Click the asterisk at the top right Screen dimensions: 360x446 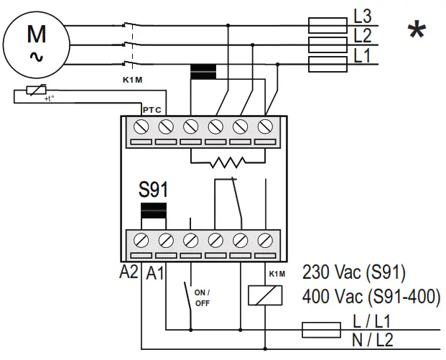click(x=416, y=30)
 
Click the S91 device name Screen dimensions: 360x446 click(x=153, y=191)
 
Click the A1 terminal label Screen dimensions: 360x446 click(x=155, y=273)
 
